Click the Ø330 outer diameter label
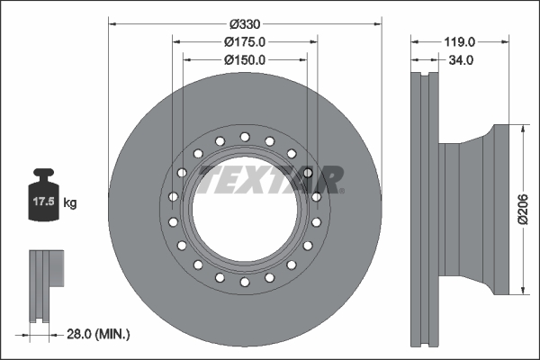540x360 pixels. point(245,23)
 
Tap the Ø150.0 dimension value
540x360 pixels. point(245,59)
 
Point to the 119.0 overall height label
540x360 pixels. point(459,41)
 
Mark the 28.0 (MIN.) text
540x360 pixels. point(99,334)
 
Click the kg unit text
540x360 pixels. point(70,204)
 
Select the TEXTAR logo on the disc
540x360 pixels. point(270,179)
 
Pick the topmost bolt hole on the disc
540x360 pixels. point(244,137)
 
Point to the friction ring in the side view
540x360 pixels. point(422,209)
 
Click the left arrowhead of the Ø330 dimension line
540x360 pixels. point(112,23)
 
